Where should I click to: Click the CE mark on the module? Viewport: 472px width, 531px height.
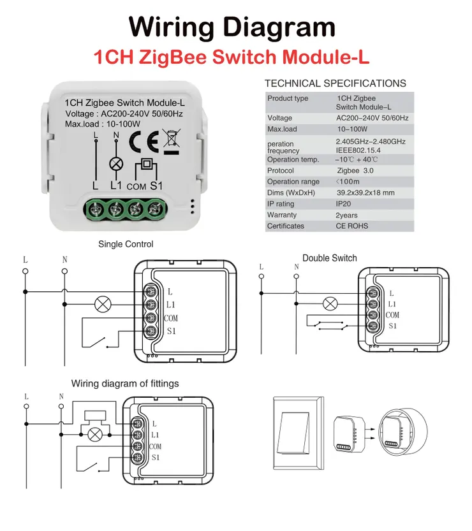(142, 141)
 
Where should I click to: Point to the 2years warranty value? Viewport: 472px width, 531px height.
(347, 215)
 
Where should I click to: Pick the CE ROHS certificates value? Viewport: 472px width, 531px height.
(352, 226)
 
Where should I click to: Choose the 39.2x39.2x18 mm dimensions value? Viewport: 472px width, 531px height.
(365, 193)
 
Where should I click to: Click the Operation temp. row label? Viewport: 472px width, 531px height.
(293, 159)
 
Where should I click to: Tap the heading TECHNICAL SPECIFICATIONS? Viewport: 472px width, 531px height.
(335, 84)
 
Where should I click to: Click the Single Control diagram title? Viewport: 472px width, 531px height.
(126, 244)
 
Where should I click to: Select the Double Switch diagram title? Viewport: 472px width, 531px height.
(330, 258)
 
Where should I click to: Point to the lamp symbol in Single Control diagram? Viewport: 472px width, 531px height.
(102, 303)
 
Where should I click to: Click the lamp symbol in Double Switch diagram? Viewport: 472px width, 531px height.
(330, 303)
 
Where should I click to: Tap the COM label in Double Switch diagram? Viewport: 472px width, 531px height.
(392, 315)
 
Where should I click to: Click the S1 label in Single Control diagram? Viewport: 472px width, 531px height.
(171, 331)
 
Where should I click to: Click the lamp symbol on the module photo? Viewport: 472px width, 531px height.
(116, 164)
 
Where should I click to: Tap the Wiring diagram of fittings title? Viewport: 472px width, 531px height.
(125, 384)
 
